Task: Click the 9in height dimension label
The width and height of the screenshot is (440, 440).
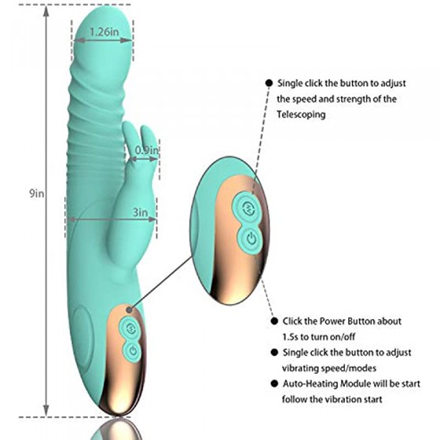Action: (x=37, y=193)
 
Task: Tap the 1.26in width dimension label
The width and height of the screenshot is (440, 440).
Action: (x=104, y=32)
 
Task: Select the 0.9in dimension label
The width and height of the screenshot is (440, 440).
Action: (x=147, y=150)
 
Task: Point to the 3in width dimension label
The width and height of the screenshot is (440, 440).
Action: (x=141, y=212)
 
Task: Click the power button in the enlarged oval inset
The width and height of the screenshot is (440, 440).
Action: (x=251, y=239)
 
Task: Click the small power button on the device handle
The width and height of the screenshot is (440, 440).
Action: (x=133, y=350)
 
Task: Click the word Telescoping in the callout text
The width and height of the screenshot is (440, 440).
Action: (x=302, y=115)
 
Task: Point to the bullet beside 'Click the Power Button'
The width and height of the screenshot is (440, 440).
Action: (x=274, y=321)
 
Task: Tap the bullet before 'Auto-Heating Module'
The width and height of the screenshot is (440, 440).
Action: (x=274, y=383)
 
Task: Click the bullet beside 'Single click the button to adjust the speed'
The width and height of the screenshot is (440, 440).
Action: (x=269, y=83)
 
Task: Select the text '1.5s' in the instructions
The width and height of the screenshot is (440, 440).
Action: (x=290, y=337)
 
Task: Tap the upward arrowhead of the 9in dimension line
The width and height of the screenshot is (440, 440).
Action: (x=46, y=11)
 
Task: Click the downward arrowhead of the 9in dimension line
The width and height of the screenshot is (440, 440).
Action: (x=46, y=411)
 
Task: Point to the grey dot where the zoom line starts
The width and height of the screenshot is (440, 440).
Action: (x=129, y=310)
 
